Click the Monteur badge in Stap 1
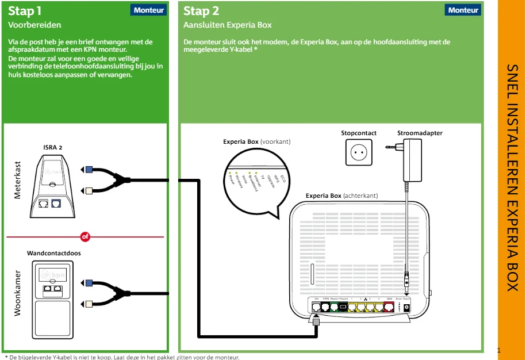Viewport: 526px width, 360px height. click(x=149, y=10)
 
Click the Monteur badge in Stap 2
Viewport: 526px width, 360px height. click(x=463, y=10)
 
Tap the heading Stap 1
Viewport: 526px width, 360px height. click(x=24, y=11)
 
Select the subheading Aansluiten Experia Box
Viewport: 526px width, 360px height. click(x=228, y=25)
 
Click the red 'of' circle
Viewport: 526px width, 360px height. click(x=86, y=237)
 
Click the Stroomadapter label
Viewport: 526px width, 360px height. click(x=420, y=133)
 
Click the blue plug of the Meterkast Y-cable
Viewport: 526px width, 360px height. click(x=89, y=170)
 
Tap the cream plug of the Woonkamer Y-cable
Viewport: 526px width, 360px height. click(x=89, y=302)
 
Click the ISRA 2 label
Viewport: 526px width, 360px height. click(x=53, y=148)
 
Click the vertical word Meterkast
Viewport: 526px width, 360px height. click(x=17, y=181)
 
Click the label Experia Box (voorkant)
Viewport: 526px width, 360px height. click(x=256, y=141)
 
